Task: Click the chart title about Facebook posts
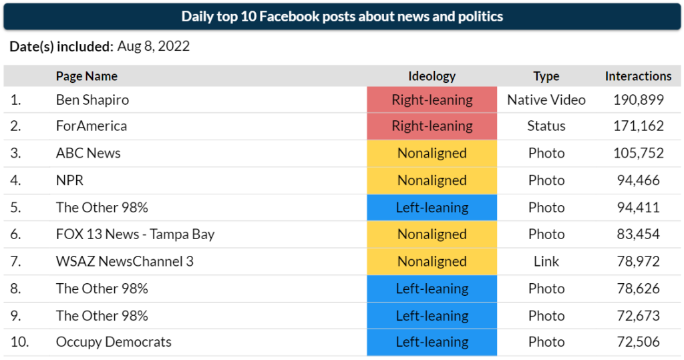pyautogui.click(x=342, y=17)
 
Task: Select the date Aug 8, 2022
pyautogui.click(x=153, y=47)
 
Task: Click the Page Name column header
pyautogui.click(x=86, y=76)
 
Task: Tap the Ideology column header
pyautogui.click(x=432, y=76)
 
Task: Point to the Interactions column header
pyautogui.click(x=638, y=76)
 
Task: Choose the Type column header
pyautogui.click(x=546, y=76)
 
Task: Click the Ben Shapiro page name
pyautogui.click(x=92, y=100)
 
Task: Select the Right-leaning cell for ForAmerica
pyautogui.click(x=432, y=126)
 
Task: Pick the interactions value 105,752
pyautogui.click(x=638, y=153)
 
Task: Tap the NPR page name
pyautogui.click(x=69, y=180)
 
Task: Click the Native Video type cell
pyautogui.click(x=546, y=100)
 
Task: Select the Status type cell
pyautogui.click(x=546, y=126)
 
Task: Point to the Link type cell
pyautogui.click(x=546, y=261)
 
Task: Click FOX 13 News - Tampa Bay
pyautogui.click(x=135, y=234)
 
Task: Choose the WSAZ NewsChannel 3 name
pyautogui.click(x=124, y=261)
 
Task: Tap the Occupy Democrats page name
pyautogui.click(x=114, y=342)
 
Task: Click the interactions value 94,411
pyautogui.click(x=638, y=207)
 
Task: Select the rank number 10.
pyautogui.click(x=20, y=342)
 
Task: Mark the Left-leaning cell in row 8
pyautogui.click(x=432, y=289)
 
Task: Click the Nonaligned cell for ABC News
pyautogui.click(x=432, y=153)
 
